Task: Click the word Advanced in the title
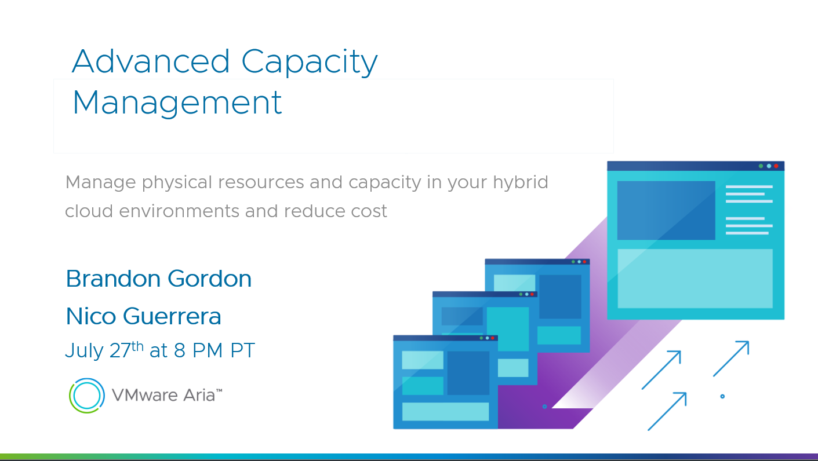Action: (x=151, y=61)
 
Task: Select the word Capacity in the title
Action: (x=310, y=63)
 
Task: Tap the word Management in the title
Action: (x=177, y=104)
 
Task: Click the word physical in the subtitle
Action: (x=177, y=182)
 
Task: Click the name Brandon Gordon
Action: (x=159, y=279)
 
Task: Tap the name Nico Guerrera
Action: (x=144, y=316)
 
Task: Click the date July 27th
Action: (x=104, y=350)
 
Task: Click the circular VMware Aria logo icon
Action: (x=87, y=396)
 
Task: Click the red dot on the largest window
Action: (x=776, y=166)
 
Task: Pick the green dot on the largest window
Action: (x=761, y=166)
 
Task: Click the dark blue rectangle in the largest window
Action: (x=666, y=210)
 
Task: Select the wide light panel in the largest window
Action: (x=695, y=278)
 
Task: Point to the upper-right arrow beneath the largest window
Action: (x=731, y=358)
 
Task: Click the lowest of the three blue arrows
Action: (x=667, y=411)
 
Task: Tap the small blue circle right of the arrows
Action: (x=722, y=397)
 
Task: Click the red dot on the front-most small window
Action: (x=493, y=338)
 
